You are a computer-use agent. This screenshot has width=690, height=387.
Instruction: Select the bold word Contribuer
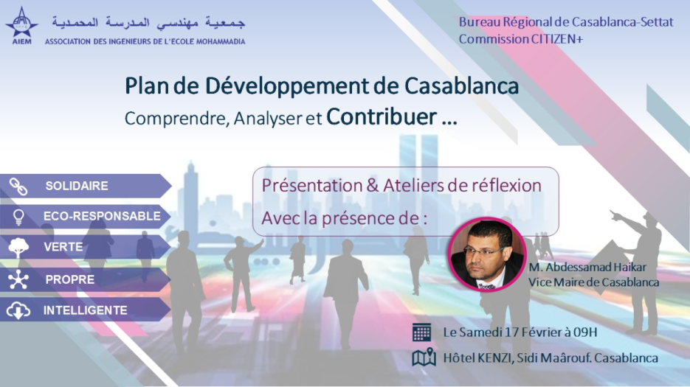click(382, 117)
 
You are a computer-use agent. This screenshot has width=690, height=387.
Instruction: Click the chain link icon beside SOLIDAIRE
click(18, 186)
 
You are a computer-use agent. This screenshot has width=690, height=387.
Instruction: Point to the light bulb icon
click(18, 217)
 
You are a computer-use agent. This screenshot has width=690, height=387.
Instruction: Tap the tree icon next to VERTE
click(18, 248)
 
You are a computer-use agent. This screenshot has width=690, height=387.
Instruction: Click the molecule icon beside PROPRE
click(18, 279)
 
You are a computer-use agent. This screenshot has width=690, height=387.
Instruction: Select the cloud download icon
click(18, 310)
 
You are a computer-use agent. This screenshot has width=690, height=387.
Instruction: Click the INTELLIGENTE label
click(86, 310)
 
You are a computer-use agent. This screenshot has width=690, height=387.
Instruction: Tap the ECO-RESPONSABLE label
click(102, 217)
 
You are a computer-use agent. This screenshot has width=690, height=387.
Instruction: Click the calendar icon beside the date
click(421, 332)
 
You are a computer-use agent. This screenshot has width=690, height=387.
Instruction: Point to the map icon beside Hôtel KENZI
click(424, 358)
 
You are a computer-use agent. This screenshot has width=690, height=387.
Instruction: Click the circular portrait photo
click(487, 254)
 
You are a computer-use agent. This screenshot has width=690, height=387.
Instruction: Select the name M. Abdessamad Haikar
click(587, 267)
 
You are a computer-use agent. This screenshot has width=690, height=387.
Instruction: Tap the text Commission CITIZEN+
click(521, 39)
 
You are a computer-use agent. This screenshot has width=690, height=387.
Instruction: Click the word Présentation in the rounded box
click(311, 186)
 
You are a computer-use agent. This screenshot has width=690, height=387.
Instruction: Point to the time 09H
click(585, 332)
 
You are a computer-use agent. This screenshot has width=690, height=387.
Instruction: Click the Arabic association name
click(148, 22)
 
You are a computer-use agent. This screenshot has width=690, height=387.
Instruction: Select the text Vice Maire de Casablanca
click(593, 282)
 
